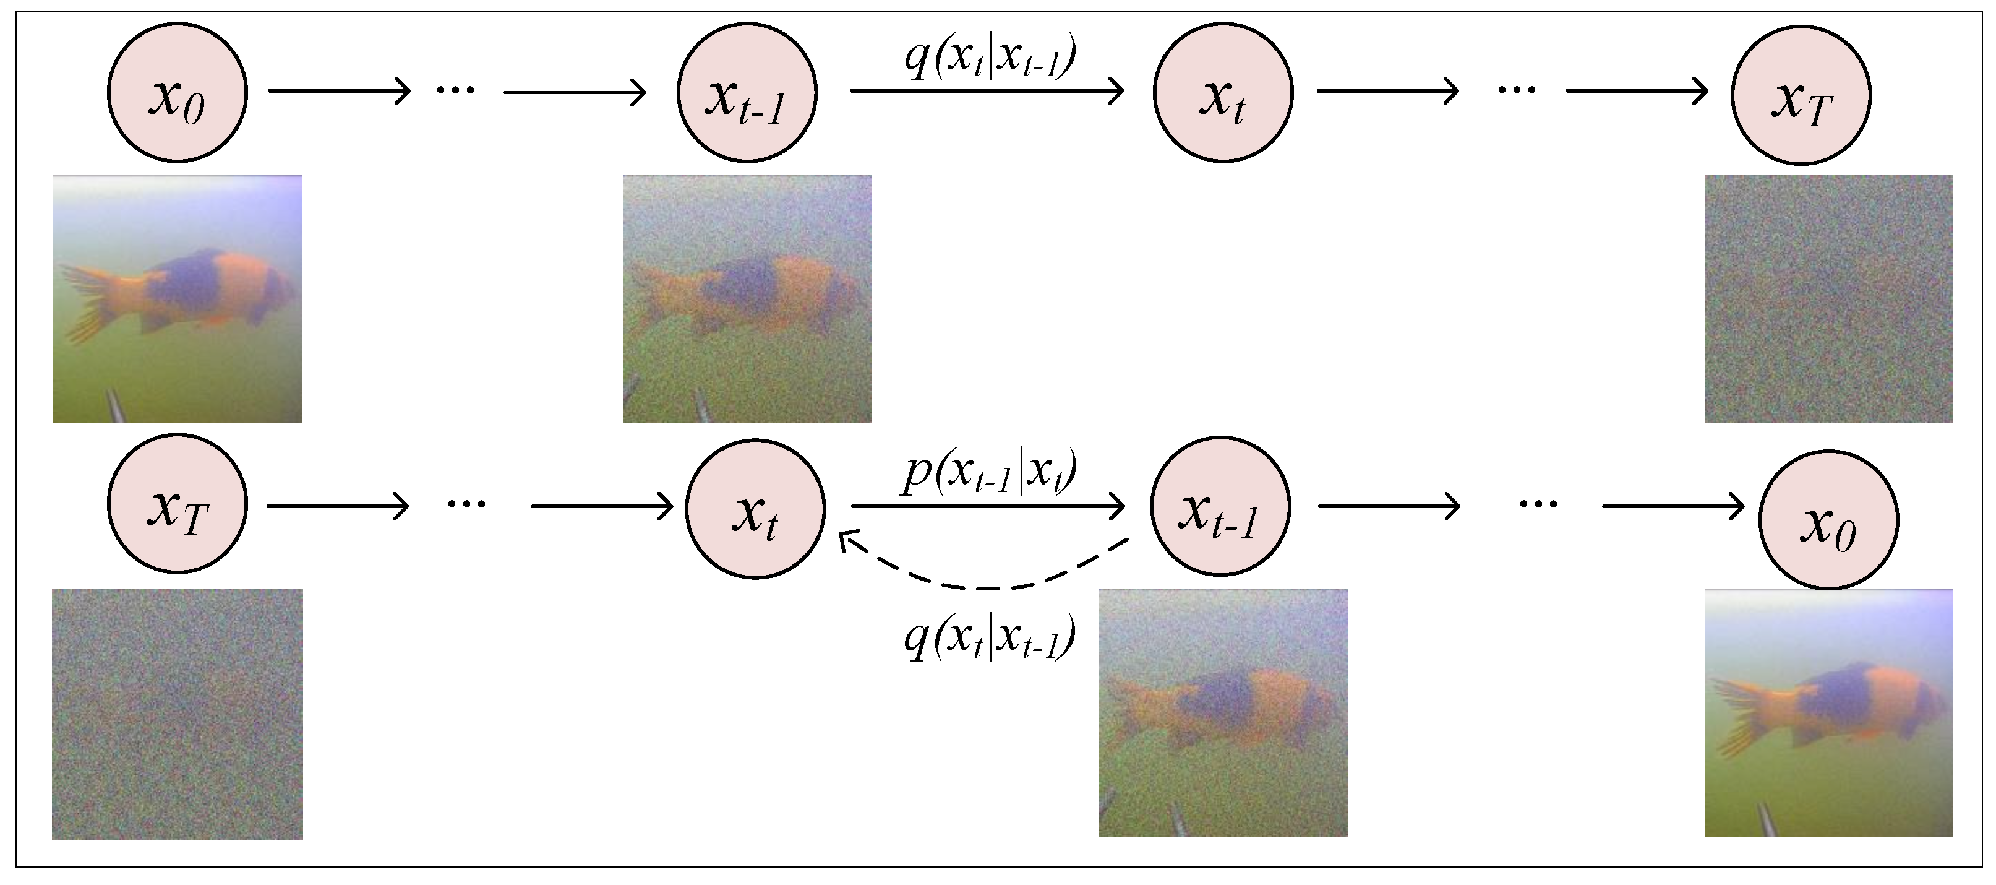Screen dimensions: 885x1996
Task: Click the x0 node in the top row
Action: (177, 92)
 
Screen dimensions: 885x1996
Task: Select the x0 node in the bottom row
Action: (1828, 520)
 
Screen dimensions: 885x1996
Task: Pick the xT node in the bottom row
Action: (177, 504)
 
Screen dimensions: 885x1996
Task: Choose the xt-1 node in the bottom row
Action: (1220, 506)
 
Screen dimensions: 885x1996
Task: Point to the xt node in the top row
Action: (1223, 92)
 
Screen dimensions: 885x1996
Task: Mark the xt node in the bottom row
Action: (755, 508)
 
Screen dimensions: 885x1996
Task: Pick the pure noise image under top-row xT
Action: (1828, 298)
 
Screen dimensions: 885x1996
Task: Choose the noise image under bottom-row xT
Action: (177, 714)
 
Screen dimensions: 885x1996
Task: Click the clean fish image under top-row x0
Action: (177, 298)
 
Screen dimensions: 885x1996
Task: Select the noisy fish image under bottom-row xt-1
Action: (1223, 712)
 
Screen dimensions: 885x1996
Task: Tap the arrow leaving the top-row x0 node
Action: (338, 91)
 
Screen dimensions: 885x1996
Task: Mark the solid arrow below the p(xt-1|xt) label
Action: (987, 506)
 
